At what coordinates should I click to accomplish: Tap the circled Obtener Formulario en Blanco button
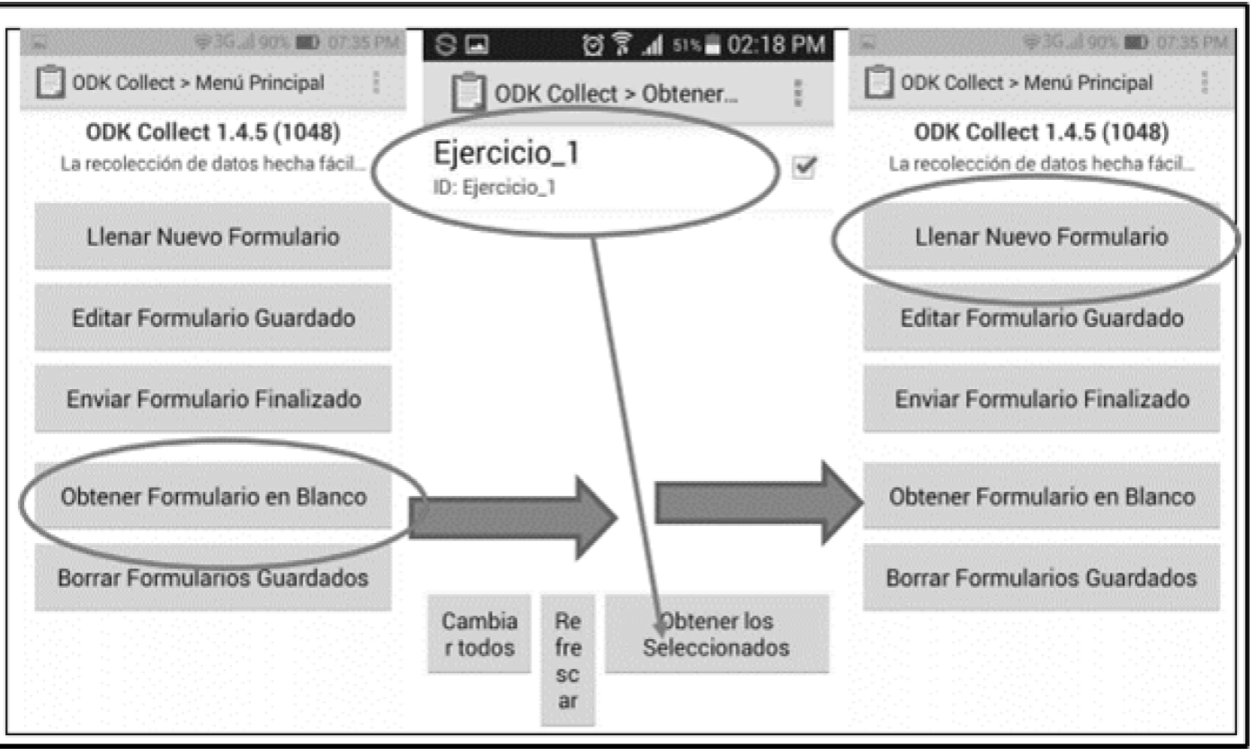[x=213, y=496]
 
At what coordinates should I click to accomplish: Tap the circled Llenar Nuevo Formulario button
[x=1041, y=237]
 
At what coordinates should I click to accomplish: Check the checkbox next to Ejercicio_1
[x=805, y=167]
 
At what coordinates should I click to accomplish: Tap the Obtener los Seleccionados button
[x=716, y=634]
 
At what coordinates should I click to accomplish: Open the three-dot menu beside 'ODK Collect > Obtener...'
[x=796, y=93]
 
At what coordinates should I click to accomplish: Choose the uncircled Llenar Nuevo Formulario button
[x=213, y=237]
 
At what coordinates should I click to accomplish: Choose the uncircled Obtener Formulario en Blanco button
[x=1041, y=496]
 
